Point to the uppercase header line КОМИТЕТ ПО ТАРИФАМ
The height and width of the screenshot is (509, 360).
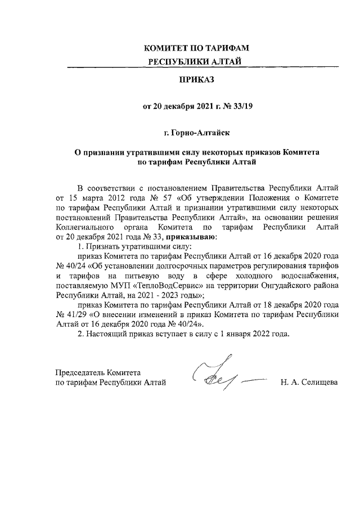tap(197, 48)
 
